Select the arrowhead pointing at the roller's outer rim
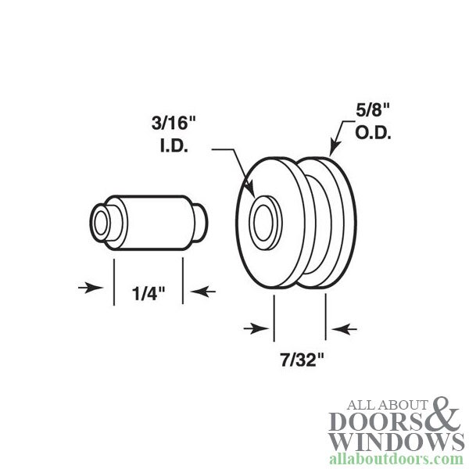332,150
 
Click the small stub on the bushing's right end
202,221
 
